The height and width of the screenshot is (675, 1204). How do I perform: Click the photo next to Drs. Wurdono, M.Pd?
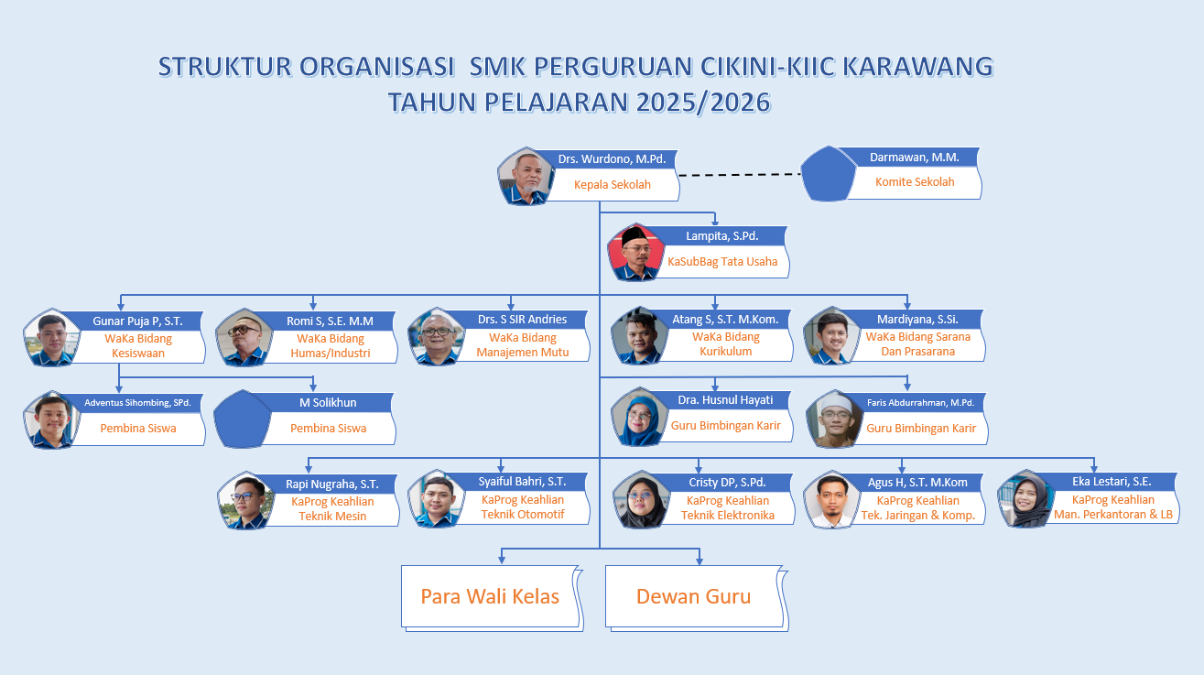pos(525,177)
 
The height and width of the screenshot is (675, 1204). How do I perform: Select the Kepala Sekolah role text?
pos(612,184)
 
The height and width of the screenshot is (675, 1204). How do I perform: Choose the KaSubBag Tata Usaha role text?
pos(722,261)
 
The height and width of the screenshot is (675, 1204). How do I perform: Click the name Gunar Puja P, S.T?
pos(137,321)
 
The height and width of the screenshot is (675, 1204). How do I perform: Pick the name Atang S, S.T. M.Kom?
pos(725,320)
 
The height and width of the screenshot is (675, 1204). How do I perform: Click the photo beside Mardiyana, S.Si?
pos(830,337)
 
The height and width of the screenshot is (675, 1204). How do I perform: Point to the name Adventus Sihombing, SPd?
pos(136,402)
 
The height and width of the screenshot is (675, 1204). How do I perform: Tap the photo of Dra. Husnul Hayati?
pos(637,418)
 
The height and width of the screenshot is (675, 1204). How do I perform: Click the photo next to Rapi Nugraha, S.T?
pos(244,501)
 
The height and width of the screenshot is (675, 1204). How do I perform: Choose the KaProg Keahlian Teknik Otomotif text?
pos(523,506)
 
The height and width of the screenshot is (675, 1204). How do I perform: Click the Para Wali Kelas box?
pos(490,597)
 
